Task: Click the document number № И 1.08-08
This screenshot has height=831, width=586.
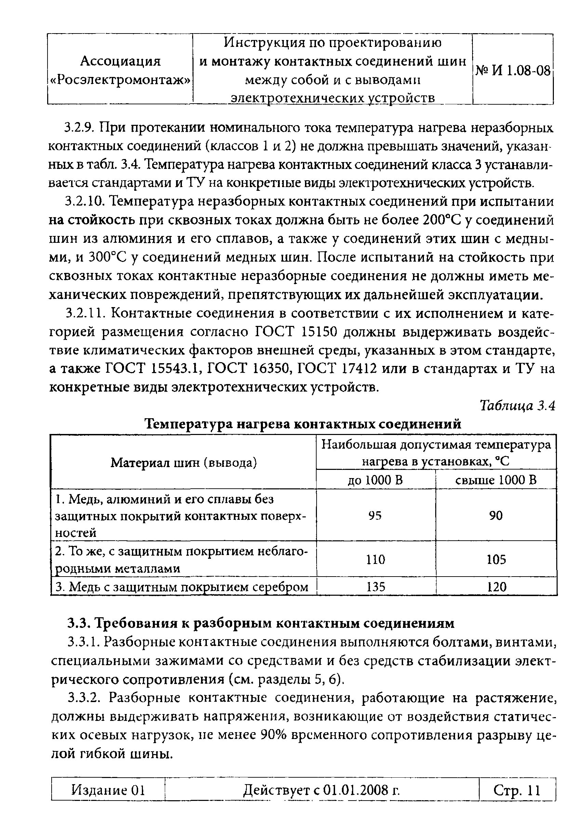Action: (x=512, y=70)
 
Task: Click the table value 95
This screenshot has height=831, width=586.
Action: (x=375, y=516)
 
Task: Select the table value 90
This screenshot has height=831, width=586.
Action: (x=495, y=515)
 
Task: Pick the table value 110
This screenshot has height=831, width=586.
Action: (x=375, y=559)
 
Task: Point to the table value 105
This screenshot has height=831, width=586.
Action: (x=495, y=559)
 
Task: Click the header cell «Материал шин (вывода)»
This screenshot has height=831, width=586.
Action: (x=184, y=463)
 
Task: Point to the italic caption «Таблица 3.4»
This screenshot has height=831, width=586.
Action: (x=517, y=406)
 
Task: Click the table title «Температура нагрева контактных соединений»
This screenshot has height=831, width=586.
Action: (x=303, y=423)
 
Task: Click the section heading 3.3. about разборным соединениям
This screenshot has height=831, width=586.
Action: (x=261, y=623)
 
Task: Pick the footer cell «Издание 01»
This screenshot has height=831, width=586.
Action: (x=108, y=790)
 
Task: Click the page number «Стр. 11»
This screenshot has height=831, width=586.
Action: (x=517, y=790)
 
